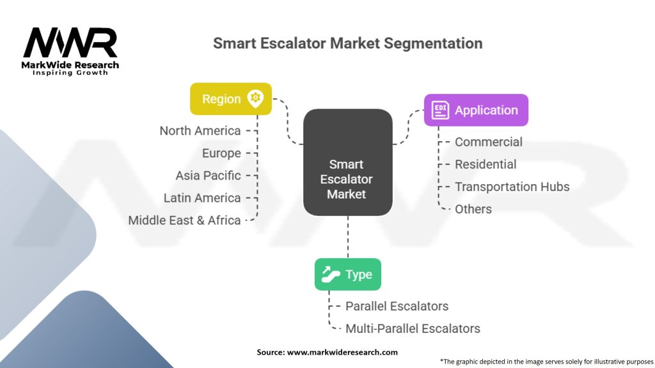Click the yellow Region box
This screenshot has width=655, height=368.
tap(230, 99)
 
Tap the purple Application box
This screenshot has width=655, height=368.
tap(476, 110)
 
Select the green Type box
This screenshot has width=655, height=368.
tap(347, 274)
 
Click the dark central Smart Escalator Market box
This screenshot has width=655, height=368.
tap(347, 162)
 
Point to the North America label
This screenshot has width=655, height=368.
tap(200, 130)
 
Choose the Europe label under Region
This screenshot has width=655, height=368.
tap(221, 153)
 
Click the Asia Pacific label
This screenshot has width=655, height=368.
tap(208, 176)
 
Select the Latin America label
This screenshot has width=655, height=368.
tap(202, 198)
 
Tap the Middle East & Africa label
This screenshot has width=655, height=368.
tap(184, 220)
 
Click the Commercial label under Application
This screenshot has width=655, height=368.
tap(488, 142)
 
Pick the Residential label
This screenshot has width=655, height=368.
tap(485, 164)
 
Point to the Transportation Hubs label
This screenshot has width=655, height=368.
tap(512, 187)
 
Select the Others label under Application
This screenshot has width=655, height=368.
tap(473, 209)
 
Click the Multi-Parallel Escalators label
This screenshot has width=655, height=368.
tap(413, 328)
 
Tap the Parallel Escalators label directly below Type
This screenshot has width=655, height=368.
tap(397, 306)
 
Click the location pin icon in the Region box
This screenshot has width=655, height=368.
tap(255, 98)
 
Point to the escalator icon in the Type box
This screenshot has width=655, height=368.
tap(331, 274)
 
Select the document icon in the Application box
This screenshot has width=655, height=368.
tap(440, 110)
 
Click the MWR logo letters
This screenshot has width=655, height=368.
tap(70, 42)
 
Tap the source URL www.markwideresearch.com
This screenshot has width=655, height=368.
tap(342, 352)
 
